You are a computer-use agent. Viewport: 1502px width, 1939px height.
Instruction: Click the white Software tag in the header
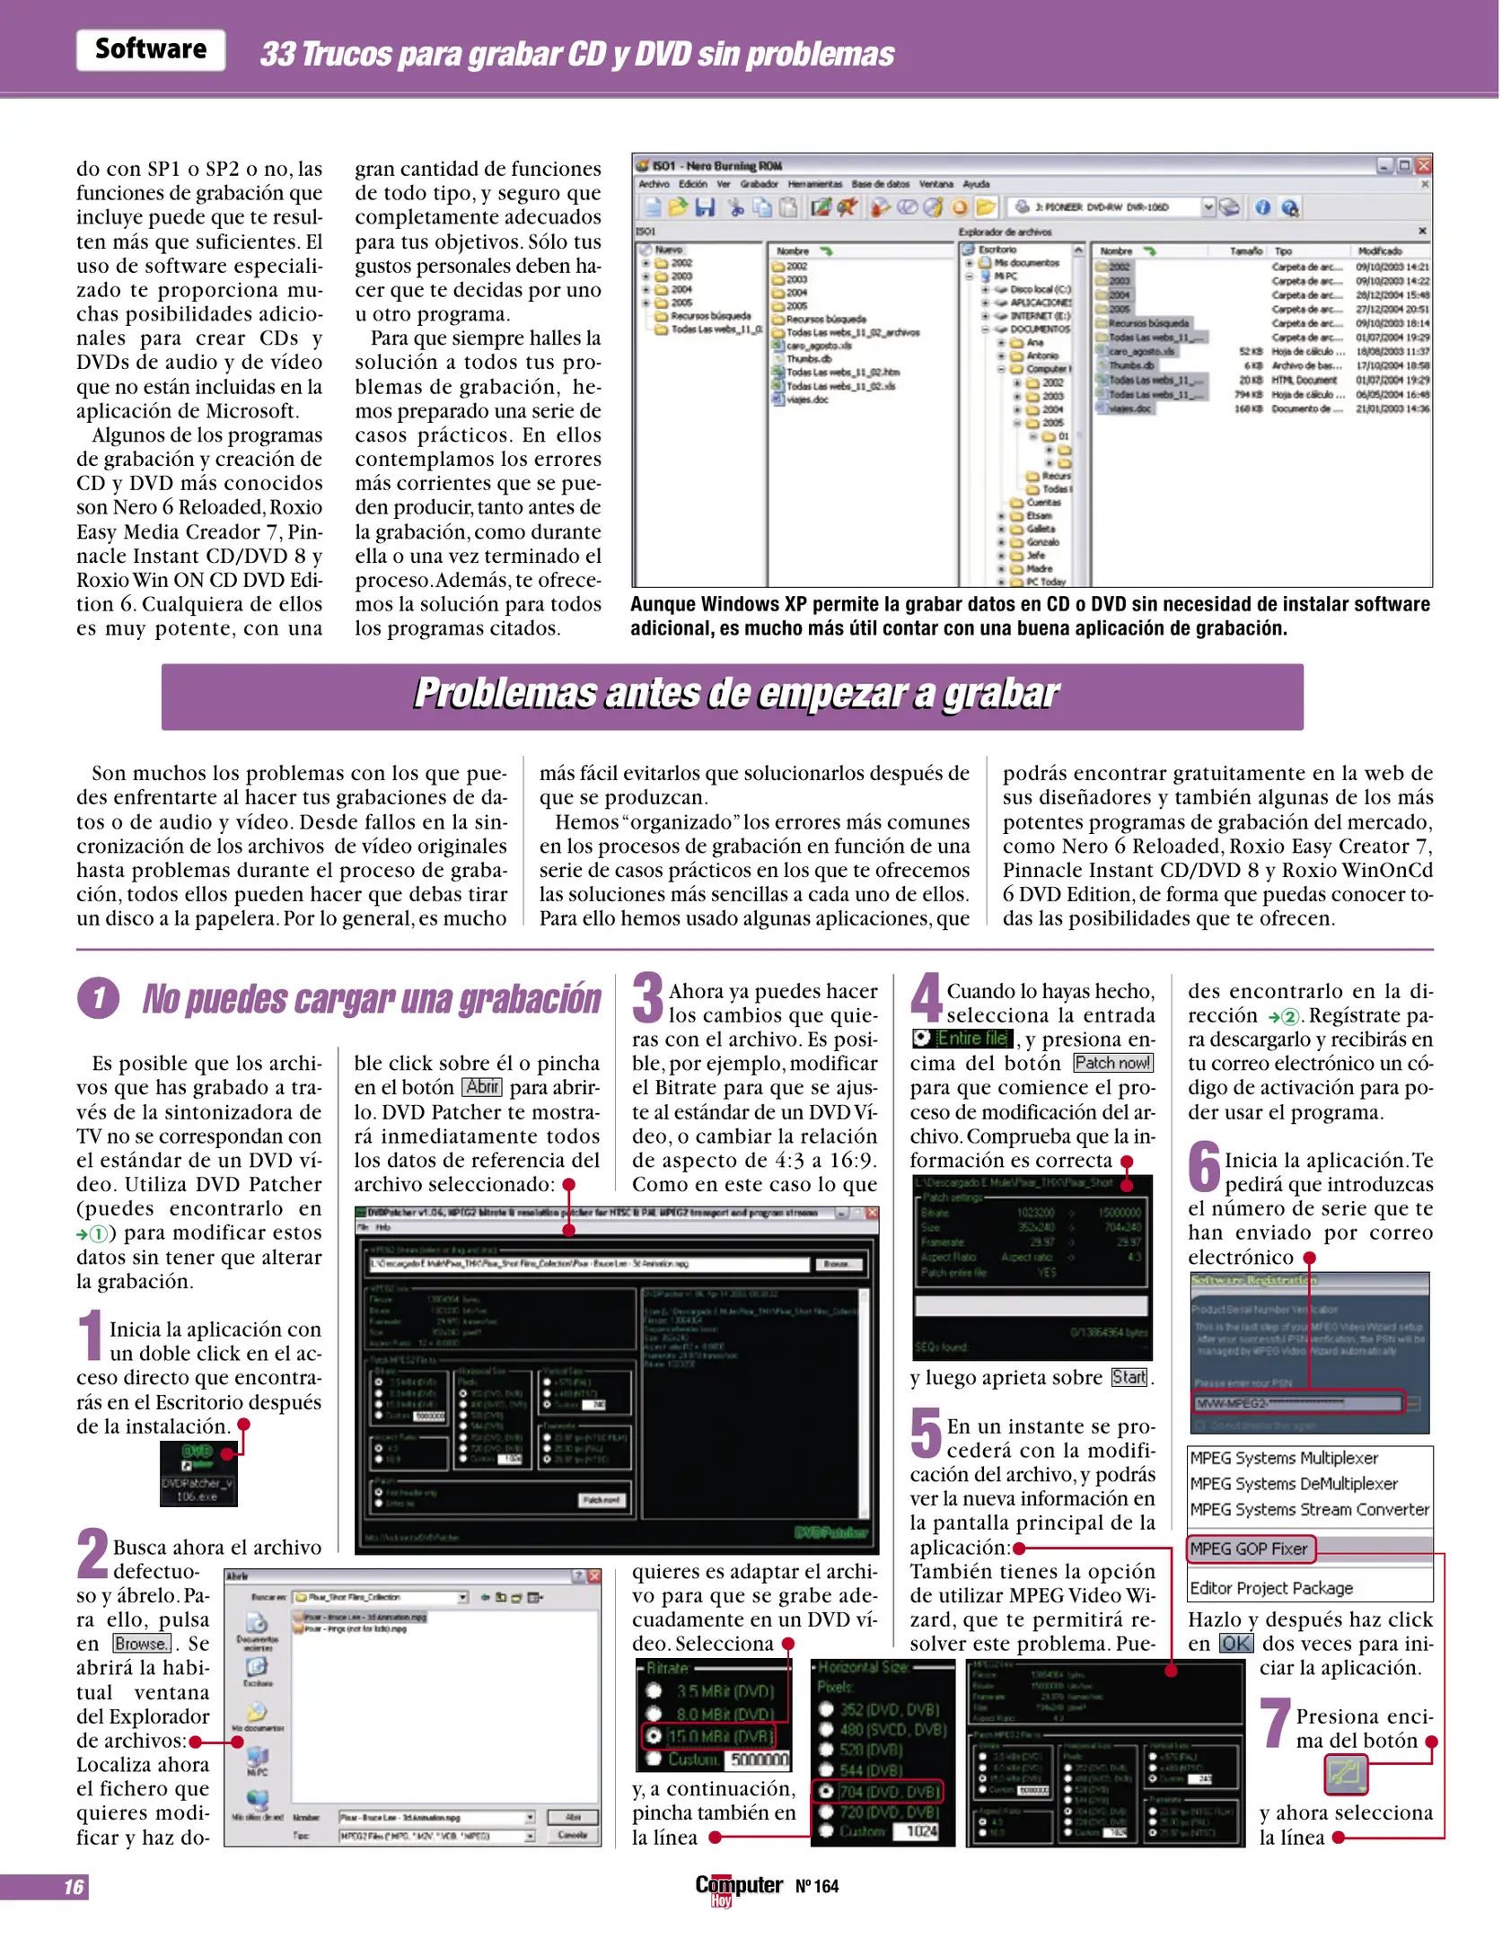coord(151,49)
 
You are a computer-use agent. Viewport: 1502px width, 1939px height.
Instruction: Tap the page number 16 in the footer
coord(74,1886)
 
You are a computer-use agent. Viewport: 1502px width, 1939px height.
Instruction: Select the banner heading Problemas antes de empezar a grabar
coord(734,695)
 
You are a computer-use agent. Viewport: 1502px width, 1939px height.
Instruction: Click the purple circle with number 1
coord(98,998)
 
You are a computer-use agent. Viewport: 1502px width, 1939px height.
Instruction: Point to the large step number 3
coord(647,997)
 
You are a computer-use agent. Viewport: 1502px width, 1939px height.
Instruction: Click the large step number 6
coord(1203,1166)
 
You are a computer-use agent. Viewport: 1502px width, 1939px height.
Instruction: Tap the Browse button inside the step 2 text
coord(142,1643)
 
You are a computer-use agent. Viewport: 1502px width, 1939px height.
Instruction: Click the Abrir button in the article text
coord(482,1087)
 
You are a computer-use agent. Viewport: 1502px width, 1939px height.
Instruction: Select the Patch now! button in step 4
coord(1112,1063)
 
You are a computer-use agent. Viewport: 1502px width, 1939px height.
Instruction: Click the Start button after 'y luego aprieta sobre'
coord(1129,1377)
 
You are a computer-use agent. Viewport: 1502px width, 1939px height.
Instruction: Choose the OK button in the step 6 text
coord(1235,1643)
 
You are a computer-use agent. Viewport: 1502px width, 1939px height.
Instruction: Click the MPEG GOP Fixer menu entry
coord(1249,1549)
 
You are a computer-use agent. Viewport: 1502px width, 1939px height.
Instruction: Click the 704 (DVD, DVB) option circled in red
coord(878,1792)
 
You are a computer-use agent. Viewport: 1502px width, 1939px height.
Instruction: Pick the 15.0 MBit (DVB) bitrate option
coord(716,1735)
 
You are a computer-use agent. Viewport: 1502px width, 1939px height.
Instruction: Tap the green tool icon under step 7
coord(1345,1774)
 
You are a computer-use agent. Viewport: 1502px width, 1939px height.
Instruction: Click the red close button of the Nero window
coord(1423,165)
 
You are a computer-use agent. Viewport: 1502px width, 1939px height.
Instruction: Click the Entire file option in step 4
coord(962,1039)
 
